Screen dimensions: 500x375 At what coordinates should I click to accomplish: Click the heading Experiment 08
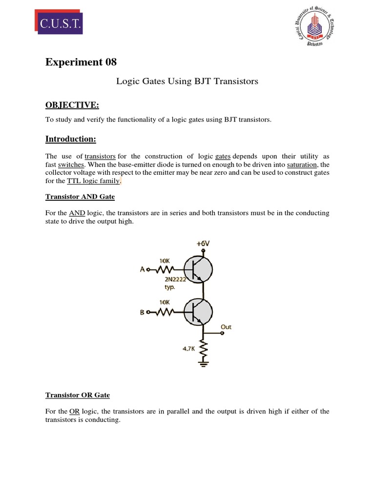click(x=81, y=62)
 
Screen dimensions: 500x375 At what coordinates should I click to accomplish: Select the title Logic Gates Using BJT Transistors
click(x=187, y=82)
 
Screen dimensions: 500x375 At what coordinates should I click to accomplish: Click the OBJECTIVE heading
click(x=72, y=105)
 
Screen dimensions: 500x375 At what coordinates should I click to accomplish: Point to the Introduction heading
click(x=71, y=139)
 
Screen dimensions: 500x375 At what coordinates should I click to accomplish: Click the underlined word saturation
click(x=299, y=165)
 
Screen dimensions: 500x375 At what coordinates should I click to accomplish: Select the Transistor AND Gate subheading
click(x=80, y=197)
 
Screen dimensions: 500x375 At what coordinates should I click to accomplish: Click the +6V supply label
click(x=203, y=243)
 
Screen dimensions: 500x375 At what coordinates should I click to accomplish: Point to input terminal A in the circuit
click(x=142, y=269)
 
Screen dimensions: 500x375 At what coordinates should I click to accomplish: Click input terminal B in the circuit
click(x=142, y=312)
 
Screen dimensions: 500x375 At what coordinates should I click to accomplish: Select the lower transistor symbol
click(x=198, y=312)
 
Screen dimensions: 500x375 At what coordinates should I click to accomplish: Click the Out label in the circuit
click(x=226, y=327)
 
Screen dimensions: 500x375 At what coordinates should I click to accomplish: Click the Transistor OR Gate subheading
click(x=77, y=395)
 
